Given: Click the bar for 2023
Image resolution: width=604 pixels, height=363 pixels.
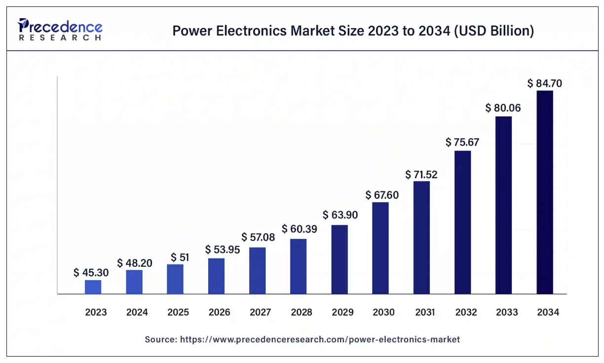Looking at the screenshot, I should tap(93, 287).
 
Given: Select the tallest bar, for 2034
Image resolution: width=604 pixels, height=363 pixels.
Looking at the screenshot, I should tap(545, 192).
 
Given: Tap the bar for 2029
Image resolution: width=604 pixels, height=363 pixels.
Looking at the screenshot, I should tap(340, 259).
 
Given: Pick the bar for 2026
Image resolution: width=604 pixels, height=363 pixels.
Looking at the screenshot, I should tap(216, 276).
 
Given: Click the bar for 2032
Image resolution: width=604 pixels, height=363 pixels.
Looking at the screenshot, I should tap(462, 222).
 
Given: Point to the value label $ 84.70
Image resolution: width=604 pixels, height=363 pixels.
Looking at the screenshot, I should tap(545, 83).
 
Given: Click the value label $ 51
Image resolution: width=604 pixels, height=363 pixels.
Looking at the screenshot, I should tap(181, 257).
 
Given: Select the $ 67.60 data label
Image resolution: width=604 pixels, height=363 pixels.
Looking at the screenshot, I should tap(382, 195).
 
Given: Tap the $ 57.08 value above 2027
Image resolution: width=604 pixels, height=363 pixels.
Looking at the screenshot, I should tap(258, 237).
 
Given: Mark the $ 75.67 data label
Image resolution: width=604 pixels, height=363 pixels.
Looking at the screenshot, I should tap(462, 143).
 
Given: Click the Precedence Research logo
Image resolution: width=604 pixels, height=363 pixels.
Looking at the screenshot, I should tap(60, 30).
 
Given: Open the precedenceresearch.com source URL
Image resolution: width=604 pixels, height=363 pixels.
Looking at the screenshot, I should tap(320, 339).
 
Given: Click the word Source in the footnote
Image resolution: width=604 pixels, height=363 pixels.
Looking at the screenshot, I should tap(159, 339).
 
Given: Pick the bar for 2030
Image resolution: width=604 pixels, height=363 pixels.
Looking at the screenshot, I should tap(380, 248).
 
